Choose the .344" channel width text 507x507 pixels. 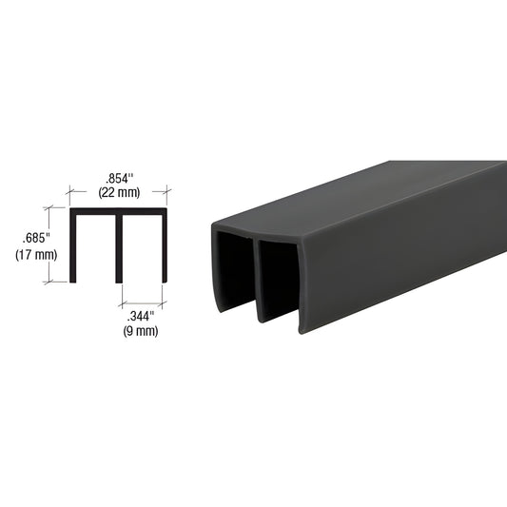140,315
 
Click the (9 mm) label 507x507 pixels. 140,330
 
